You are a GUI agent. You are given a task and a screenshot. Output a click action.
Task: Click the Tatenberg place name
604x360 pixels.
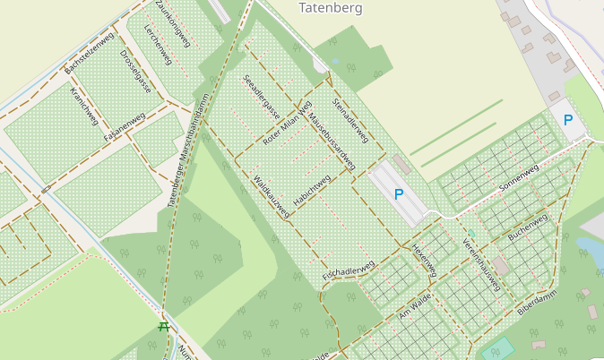point(330,8)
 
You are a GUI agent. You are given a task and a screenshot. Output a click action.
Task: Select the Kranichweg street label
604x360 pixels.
point(84,106)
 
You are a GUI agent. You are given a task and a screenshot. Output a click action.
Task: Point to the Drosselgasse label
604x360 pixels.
point(135,70)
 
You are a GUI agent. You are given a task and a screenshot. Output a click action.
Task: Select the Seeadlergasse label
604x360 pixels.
point(261,97)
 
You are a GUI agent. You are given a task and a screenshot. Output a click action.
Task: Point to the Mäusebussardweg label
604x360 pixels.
point(332,141)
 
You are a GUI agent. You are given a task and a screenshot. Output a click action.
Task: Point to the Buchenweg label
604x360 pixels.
point(527,228)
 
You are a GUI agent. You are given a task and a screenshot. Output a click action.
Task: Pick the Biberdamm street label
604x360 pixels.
point(537,303)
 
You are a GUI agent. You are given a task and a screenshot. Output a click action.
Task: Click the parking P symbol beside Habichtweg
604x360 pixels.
point(399,193)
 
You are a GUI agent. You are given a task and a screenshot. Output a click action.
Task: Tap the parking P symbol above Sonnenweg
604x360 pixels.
point(567,119)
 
